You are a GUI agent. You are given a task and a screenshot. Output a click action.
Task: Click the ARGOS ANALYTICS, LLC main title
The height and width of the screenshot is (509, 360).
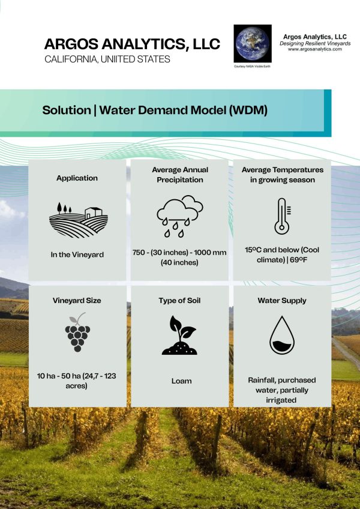pyautogui.click(x=132, y=44)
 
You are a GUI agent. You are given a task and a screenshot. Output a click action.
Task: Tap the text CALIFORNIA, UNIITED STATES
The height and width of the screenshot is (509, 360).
pyautogui.click(x=107, y=59)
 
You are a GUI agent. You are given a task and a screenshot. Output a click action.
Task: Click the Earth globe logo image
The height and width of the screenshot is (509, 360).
pyautogui.click(x=252, y=43)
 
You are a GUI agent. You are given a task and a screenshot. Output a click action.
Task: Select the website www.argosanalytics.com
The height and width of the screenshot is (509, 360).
pyautogui.click(x=314, y=49)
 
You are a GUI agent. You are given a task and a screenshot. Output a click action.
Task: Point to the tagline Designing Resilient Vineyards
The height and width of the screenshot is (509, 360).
pyautogui.click(x=314, y=43)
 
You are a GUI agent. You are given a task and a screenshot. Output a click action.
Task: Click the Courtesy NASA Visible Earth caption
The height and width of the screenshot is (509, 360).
pyautogui.click(x=252, y=67)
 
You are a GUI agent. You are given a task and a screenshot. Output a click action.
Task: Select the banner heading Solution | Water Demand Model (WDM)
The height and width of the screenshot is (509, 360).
pyautogui.click(x=155, y=110)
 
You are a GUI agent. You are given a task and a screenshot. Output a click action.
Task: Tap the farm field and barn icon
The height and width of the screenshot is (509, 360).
pyautogui.click(x=77, y=219)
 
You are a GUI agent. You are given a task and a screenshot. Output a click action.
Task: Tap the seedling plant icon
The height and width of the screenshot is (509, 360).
pyautogui.click(x=179, y=335)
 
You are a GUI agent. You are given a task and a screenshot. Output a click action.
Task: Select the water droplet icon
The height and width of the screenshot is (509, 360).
pyautogui.click(x=282, y=335)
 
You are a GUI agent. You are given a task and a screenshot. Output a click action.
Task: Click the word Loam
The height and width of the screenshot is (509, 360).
pyautogui.click(x=179, y=381)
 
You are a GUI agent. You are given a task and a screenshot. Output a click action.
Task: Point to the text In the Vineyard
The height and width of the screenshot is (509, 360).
pyautogui.click(x=77, y=254)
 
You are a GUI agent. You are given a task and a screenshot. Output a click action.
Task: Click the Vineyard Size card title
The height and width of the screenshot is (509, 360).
pyautogui.click(x=77, y=300)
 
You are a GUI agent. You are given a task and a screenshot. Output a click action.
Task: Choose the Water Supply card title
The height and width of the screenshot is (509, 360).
pyautogui.click(x=282, y=300)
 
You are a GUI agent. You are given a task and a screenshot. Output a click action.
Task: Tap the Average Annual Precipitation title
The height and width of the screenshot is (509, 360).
pyautogui.click(x=179, y=175)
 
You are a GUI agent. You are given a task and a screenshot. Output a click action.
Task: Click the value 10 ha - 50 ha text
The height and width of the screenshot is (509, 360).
pyautogui.click(x=77, y=381)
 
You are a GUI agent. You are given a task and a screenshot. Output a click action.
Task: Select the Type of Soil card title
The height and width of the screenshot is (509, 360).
pyautogui.click(x=179, y=300)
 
